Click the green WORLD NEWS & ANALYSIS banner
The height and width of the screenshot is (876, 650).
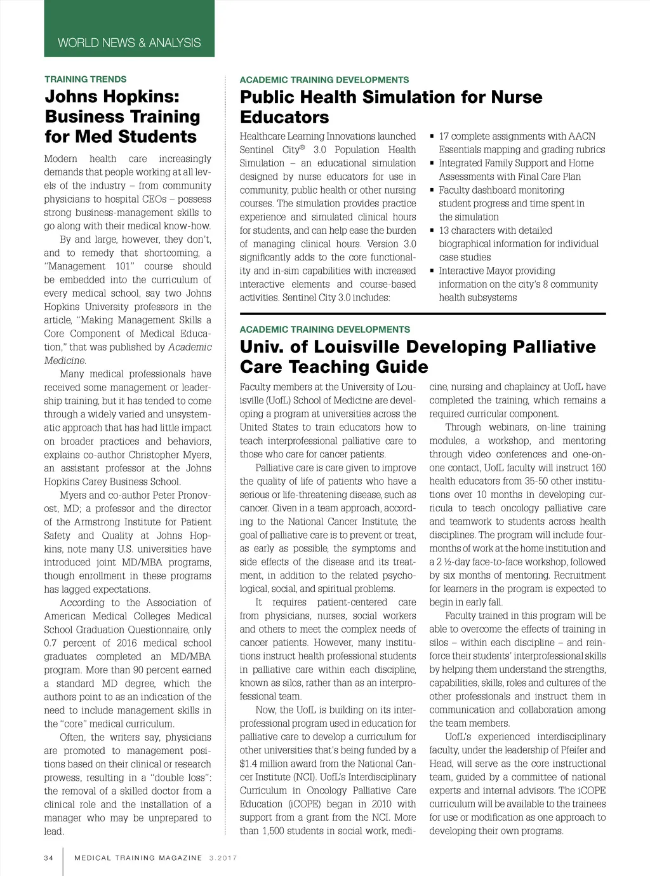tap(129, 43)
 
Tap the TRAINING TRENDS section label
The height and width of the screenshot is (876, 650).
tap(85, 79)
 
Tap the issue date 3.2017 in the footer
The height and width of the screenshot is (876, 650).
tap(222, 858)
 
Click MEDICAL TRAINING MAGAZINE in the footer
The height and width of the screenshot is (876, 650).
tap(138, 858)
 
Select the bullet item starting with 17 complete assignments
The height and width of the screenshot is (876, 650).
tap(517, 136)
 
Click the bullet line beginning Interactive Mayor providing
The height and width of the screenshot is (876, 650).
tap(496, 271)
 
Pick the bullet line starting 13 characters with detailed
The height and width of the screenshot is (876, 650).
tap(495, 230)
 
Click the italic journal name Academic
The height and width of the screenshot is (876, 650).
tap(190, 347)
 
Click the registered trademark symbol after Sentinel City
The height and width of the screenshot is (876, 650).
tap(302, 147)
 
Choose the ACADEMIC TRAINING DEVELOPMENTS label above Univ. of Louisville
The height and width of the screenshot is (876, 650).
tap(324, 330)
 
